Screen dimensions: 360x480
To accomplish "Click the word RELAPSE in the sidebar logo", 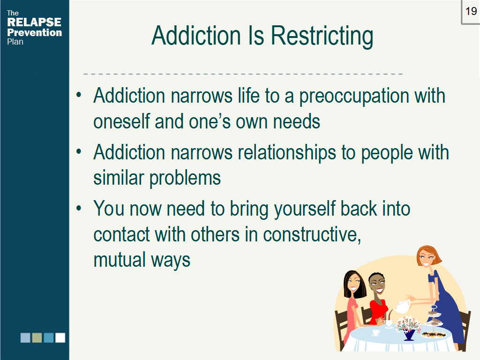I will [x=34, y=22].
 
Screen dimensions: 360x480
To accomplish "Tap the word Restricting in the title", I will [x=322, y=36].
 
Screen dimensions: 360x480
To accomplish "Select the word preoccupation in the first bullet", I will [x=354, y=96].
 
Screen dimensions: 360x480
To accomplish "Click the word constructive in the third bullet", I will [x=311, y=234].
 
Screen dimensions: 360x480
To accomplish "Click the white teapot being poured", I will [x=401, y=307].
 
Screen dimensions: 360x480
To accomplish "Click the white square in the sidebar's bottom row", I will [x=60, y=337].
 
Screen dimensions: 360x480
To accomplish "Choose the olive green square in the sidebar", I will [x=37, y=337].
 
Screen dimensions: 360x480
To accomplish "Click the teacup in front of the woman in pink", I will [x=376, y=332].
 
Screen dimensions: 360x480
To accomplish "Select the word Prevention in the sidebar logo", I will [x=34, y=32].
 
